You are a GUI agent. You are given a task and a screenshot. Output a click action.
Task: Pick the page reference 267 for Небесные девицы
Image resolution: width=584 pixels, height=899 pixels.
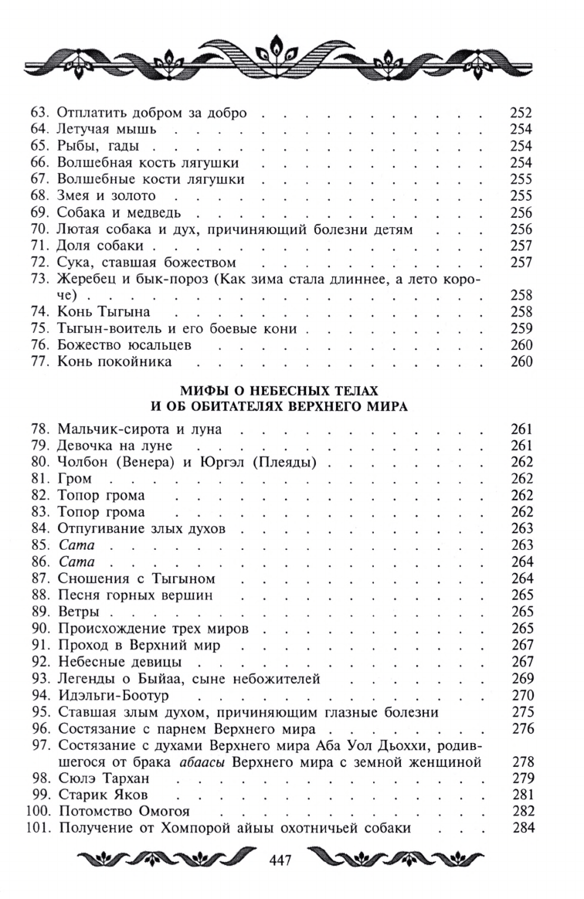point(521,663)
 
